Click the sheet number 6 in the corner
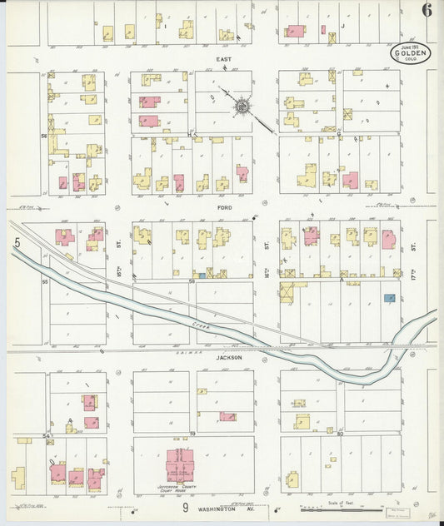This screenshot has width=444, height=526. tap(426, 11)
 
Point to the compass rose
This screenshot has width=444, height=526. tap(242, 106)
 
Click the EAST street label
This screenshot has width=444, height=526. tap(223, 60)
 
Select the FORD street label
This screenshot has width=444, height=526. tap(223, 206)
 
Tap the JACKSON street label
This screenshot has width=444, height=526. tap(229, 357)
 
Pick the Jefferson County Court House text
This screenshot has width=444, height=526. tap(177, 487)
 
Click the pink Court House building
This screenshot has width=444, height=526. tap(178, 463)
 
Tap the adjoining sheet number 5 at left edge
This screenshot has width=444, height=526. tap(15, 243)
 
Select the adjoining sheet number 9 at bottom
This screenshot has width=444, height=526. tap(184, 506)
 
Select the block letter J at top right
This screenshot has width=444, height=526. tap(342, 26)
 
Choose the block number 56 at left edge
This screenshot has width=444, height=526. tap(44, 135)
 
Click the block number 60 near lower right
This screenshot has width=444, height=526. tap(340, 433)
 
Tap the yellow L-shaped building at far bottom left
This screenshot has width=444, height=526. tap(18, 478)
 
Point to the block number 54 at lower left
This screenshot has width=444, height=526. tap(47, 435)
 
